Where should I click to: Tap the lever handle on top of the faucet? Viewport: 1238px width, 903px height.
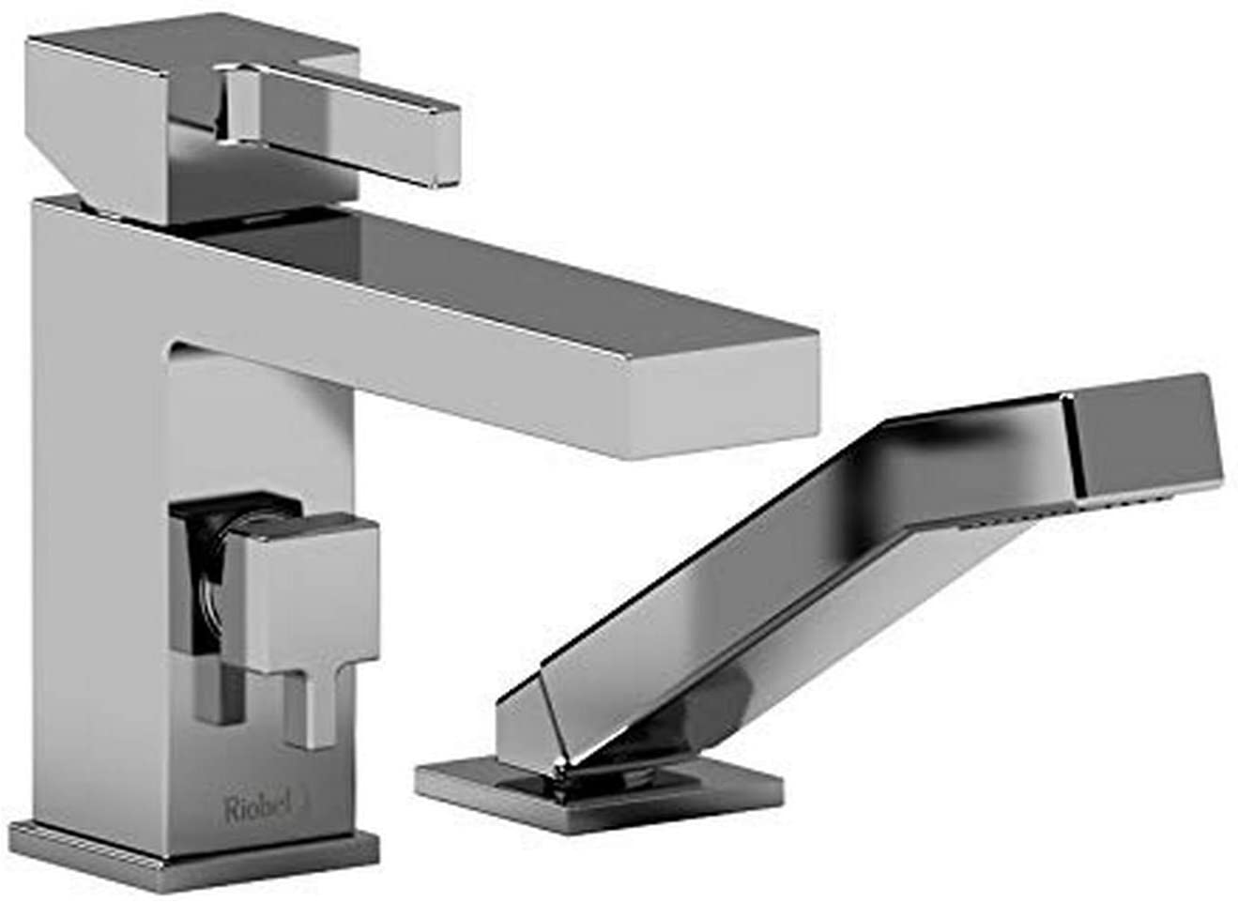340,123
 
